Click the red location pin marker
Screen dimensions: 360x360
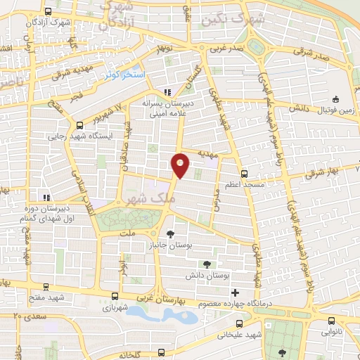[x=180, y=165]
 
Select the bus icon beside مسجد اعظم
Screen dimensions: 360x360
[x=244, y=173]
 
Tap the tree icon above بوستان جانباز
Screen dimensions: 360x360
[x=171, y=231]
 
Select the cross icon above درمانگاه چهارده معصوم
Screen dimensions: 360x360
[x=235, y=293]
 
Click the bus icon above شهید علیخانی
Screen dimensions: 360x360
[x=240, y=324]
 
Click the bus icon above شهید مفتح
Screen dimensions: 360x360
[x=46, y=287]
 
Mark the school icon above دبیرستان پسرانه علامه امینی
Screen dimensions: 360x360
[x=167, y=91]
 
